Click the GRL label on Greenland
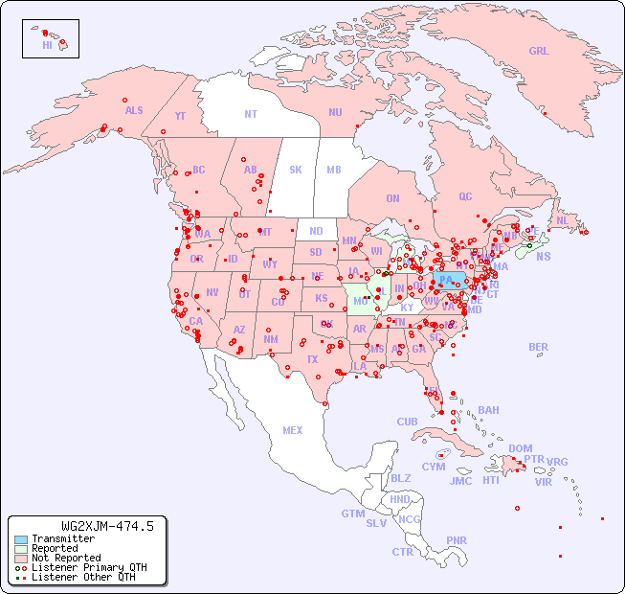point(539,52)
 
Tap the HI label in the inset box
point(47,45)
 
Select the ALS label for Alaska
point(134,110)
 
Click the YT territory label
point(180,116)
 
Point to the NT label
point(250,113)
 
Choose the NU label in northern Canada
point(335,112)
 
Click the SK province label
point(296,170)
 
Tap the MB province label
point(333,170)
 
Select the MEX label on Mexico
point(292,430)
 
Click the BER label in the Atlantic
point(539,347)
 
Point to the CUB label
point(407,422)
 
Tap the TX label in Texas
point(311,359)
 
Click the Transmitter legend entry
point(63,539)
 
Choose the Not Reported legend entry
point(66,558)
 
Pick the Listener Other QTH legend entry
point(82,577)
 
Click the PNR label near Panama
point(457,540)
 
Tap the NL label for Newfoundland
point(562,219)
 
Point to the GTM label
point(352,514)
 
